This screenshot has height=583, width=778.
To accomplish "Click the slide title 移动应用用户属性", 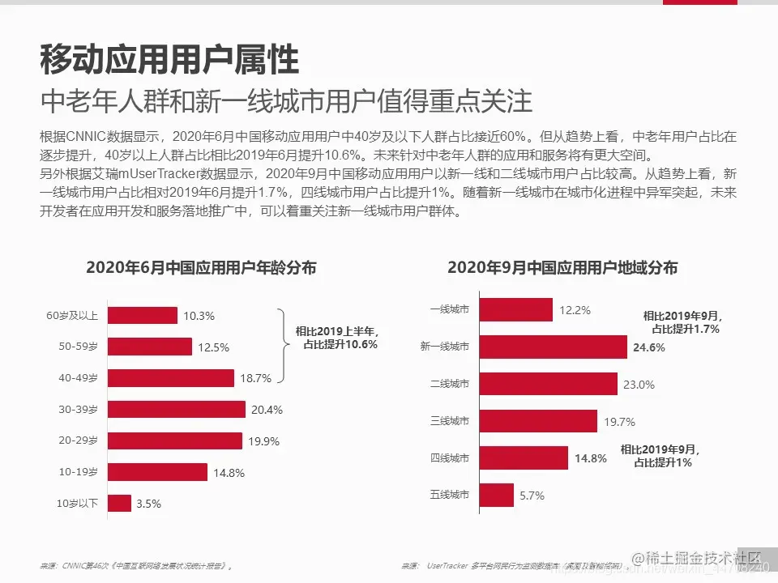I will click(x=169, y=60).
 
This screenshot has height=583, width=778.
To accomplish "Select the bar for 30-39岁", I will click(x=176, y=410).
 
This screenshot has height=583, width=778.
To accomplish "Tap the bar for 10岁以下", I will click(x=119, y=504).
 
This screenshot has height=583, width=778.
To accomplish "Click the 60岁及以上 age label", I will click(x=73, y=316).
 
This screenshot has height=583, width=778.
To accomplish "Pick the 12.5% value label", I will click(x=214, y=347).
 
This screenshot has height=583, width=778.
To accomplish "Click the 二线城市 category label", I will click(x=450, y=385).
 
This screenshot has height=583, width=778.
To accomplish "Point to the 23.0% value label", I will click(x=639, y=385).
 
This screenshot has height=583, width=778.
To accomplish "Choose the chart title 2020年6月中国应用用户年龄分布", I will click(x=201, y=268).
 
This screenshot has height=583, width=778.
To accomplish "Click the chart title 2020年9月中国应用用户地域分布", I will click(x=562, y=268).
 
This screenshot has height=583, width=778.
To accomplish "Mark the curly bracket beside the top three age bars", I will click(x=283, y=345).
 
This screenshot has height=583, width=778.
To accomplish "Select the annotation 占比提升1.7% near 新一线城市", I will click(x=686, y=330).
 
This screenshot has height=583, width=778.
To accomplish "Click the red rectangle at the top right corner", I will click(x=700, y=2).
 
